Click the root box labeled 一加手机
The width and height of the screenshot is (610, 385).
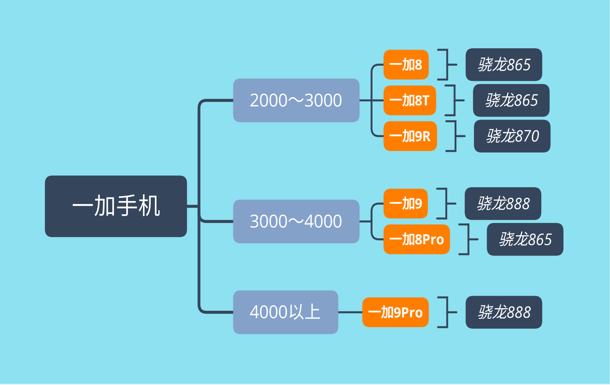point(116,206)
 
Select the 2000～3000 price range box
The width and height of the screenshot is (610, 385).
point(296,100)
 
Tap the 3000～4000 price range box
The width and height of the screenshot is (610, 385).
point(296,221)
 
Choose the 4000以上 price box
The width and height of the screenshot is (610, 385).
point(286,312)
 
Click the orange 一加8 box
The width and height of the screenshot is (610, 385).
point(406,64)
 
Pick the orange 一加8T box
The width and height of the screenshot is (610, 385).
point(410,100)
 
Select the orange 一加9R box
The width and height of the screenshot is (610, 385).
point(410,136)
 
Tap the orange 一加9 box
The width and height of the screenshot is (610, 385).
point(406,203)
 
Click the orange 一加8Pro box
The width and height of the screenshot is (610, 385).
point(417,239)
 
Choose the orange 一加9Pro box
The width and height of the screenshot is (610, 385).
point(395,312)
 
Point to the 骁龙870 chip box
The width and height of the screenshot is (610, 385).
point(512,136)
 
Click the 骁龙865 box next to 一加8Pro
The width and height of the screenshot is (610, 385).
point(525,239)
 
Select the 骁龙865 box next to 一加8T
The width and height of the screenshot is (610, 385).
point(511,100)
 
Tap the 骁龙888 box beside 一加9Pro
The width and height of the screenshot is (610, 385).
point(504,312)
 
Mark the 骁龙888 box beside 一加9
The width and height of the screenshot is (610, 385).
point(503,203)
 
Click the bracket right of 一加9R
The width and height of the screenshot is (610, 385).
point(455,136)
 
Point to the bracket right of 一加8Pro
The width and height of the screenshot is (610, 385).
point(468,239)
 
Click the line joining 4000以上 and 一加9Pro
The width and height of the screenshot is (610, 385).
point(350,312)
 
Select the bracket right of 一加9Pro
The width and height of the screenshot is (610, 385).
point(447,312)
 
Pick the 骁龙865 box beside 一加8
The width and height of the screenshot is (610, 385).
point(504,64)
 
